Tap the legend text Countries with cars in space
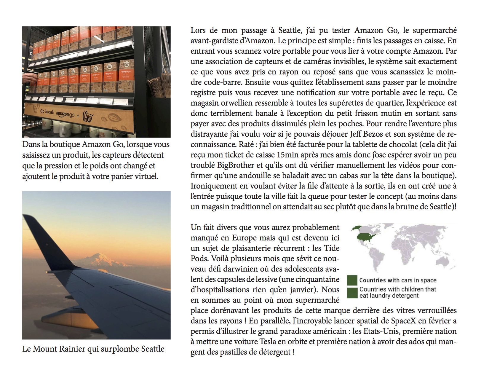(398, 280)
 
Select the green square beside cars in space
(352, 280)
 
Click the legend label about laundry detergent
(398, 292)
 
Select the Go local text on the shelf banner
(48, 112)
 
